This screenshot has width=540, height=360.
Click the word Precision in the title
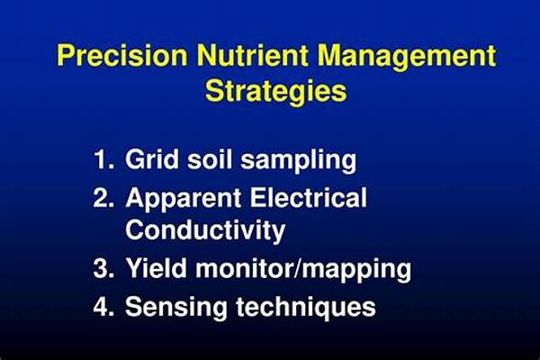122,55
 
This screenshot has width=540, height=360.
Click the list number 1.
103,159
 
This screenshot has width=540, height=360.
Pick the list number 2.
103,198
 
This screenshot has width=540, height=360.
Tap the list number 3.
103,268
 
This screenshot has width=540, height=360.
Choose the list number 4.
103,306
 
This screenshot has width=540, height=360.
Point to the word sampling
298,161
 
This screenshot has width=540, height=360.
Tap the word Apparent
184,200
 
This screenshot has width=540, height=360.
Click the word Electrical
308,197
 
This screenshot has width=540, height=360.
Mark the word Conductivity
205,231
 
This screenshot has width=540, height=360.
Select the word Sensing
176,308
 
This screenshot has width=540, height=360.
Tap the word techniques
305,307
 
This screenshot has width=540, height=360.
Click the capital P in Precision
66,55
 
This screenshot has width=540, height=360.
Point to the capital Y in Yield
134,267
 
